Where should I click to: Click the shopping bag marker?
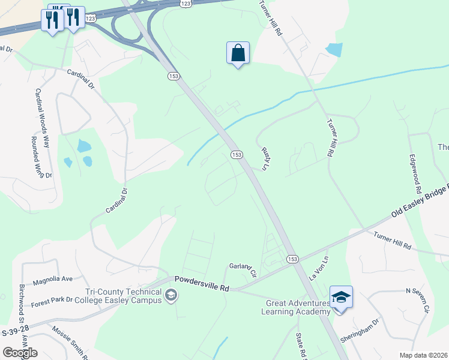(238, 53)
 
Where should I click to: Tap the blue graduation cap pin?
(341, 298)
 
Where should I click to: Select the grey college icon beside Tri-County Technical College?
(171, 295)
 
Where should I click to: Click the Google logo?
(20, 353)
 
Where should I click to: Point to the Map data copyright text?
(423, 355)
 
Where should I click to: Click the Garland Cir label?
(243, 269)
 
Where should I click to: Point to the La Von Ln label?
(319, 269)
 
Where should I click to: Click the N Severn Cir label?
(418, 299)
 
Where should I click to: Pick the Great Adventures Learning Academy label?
(298, 307)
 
